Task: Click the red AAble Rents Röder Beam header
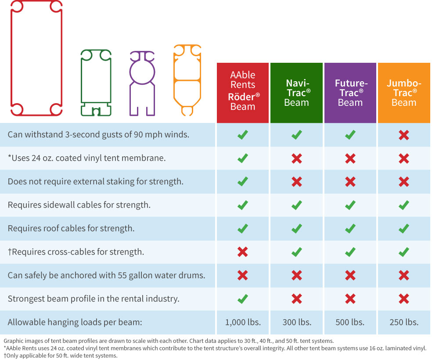tap(242, 93)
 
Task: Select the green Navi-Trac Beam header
tap(296, 93)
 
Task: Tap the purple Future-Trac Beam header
tap(350, 93)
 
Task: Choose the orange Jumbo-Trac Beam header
tap(403, 93)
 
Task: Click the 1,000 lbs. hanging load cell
tap(242, 322)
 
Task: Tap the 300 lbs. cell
tap(296, 322)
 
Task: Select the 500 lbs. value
tap(350, 322)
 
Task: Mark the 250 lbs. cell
tap(403, 322)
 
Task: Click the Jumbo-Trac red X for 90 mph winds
tap(403, 135)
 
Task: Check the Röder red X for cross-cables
tap(242, 252)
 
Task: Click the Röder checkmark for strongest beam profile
tap(242, 299)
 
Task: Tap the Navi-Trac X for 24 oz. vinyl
tap(296, 158)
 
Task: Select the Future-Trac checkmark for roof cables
tap(350, 228)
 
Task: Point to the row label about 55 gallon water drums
tap(106, 276)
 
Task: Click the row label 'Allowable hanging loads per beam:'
tap(75, 322)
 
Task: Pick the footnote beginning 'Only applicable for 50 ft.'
tap(61, 355)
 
